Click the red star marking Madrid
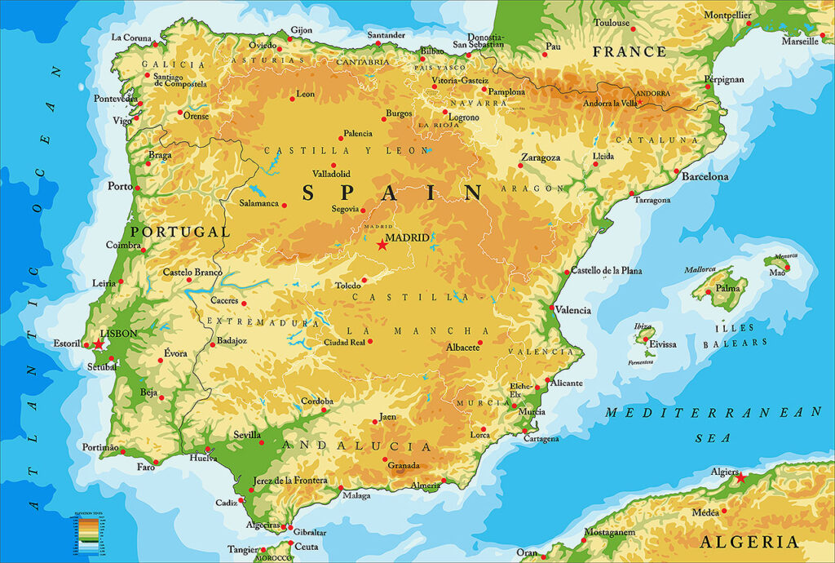point(382,245)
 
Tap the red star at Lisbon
point(99,344)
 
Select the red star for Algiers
point(740,478)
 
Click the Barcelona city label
point(705,176)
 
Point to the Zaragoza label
point(540,157)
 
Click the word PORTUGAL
point(180,232)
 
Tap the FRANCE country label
point(629,51)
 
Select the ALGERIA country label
point(749,542)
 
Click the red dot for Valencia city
point(553,308)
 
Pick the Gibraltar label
point(310,532)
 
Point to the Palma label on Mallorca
point(727,288)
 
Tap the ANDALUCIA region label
point(357,446)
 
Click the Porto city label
point(120,186)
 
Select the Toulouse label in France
point(612,23)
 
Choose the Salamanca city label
point(258,202)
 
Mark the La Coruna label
point(131,37)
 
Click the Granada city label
point(404,466)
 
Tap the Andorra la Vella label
point(608,104)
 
